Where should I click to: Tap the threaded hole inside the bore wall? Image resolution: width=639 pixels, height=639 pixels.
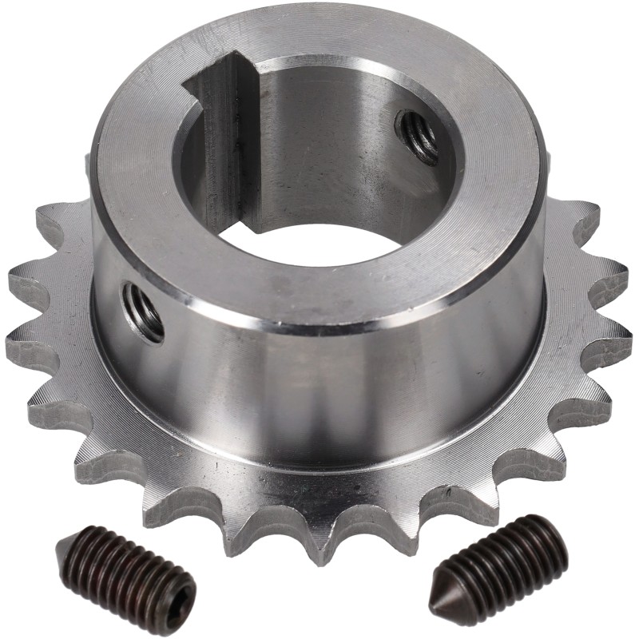pyautogui.click(x=417, y=136)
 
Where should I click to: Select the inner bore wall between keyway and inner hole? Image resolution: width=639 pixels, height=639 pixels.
pyautogui.click(x=319, y=144)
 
